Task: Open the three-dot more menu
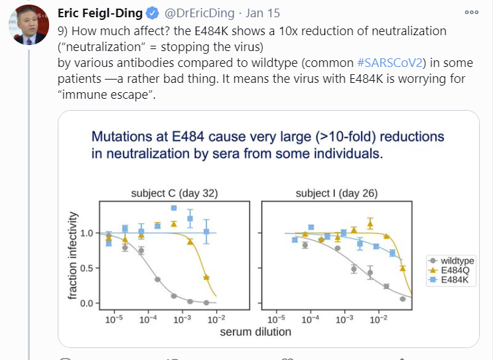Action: (472, 12)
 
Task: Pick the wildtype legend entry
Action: (455, 261)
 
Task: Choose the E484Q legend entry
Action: (453, 270)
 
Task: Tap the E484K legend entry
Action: (453, 280)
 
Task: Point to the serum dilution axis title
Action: (255, 331)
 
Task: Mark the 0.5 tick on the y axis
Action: (88, 269)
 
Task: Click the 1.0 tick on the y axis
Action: (88, 233)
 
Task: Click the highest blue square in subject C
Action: (174, 208)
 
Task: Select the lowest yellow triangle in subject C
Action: (206, 277)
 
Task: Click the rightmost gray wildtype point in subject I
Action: (403, 299)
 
